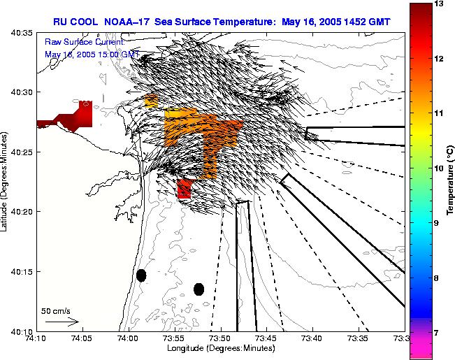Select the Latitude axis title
6,182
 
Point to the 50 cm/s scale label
55,311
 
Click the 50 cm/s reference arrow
62,322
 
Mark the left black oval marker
141,275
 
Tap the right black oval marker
198,289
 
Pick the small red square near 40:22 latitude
185,189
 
